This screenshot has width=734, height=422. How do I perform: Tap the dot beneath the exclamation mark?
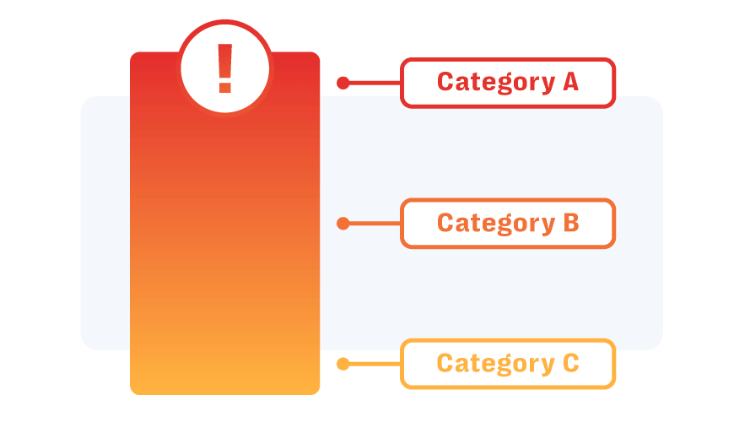click(224, 88)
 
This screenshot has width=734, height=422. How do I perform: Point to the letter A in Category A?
click(570, 82)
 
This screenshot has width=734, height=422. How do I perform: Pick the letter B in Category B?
click(570, 223)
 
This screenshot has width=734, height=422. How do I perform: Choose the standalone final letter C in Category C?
click(570, 364)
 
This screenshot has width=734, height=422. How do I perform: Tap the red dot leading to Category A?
click(343, 83)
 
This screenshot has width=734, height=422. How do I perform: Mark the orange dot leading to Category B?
click(343, 224)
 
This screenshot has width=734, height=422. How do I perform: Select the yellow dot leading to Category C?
click(343, 364)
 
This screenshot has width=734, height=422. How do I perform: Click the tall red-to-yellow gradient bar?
click(224, 253)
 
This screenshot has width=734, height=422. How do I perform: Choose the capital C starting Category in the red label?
click(445, 82)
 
